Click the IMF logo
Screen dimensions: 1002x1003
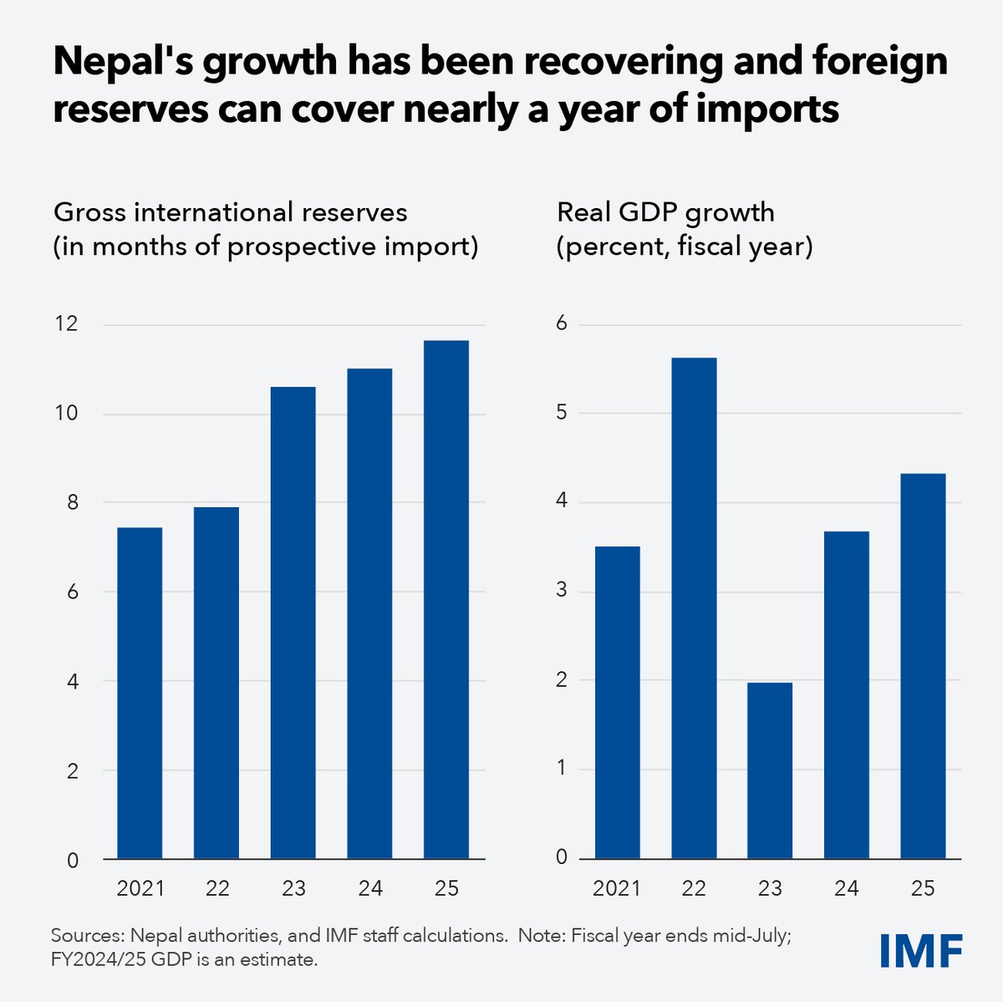921,950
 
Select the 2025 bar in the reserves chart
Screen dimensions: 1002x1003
446,599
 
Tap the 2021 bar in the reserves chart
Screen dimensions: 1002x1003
140,693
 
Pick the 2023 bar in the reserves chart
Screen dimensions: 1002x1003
293,623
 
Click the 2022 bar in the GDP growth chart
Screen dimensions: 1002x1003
694,608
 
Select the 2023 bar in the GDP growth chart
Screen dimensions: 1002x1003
770,771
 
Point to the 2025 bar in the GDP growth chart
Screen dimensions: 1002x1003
923,666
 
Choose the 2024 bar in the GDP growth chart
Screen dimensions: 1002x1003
846,694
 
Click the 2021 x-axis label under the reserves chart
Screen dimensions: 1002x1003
140,888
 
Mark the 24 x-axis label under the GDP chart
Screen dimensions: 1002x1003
846,888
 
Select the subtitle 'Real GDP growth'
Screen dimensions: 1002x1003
665,212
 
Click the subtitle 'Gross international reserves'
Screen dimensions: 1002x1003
231,212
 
